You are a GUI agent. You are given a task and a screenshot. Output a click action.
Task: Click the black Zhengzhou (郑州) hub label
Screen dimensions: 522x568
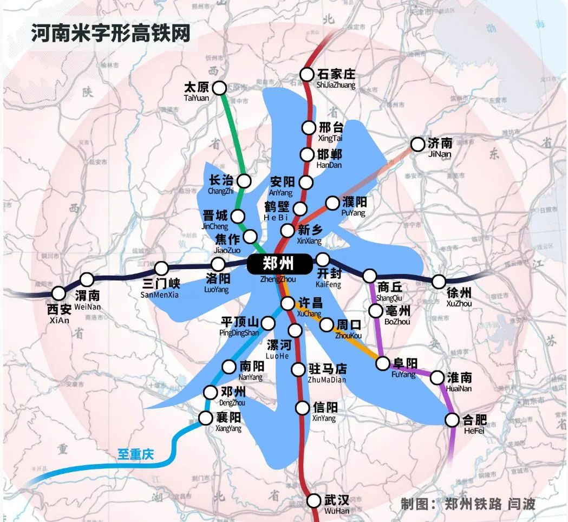[x=279, y=264]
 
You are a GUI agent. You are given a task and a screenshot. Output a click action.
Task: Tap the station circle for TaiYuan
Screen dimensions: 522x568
[x=219, y=88]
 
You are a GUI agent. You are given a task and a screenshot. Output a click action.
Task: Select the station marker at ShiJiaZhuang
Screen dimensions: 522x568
[x=308, y=74]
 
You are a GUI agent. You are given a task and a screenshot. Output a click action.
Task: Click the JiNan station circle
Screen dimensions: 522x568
[x=417, y=145]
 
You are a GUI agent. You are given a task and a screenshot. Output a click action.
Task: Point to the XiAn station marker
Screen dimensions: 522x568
[x=58, y=293]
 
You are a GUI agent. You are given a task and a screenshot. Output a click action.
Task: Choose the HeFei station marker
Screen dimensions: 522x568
[x=452, y=420]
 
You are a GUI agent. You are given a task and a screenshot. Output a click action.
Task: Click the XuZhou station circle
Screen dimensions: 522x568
[x=439, y=282]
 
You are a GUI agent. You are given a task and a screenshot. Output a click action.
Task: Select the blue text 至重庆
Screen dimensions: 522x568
[x=136, y=454]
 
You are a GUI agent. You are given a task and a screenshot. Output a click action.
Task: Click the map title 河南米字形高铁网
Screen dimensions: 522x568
[x=111, y=34]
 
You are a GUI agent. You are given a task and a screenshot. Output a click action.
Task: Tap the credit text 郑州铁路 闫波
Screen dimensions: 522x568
[x=489, y=504]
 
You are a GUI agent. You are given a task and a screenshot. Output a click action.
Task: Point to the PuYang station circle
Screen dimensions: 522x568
[x=332, y=203]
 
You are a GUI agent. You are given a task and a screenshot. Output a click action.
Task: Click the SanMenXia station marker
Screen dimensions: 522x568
[x=161, y=268]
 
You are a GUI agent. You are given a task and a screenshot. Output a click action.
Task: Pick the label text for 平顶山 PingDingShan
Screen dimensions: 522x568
[x=239, y=327]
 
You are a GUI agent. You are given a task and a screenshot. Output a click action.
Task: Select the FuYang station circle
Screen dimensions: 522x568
[x=383, y=363]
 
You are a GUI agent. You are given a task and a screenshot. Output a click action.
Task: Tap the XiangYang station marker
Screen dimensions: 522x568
[x=206, y=418]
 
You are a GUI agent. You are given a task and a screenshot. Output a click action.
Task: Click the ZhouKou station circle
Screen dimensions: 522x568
[x=327, y=325]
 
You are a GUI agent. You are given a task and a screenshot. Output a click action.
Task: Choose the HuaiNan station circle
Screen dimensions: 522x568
[x=438, y=377]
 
